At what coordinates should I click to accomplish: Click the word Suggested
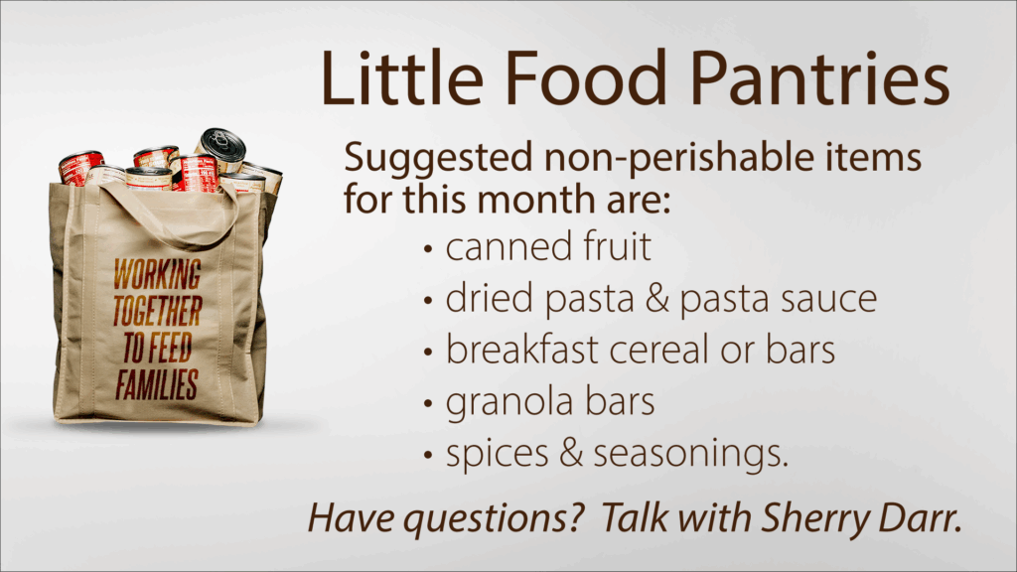click(438, 160)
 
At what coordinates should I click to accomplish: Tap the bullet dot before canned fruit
click(427, 249)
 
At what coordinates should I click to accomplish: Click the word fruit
click(618, 246)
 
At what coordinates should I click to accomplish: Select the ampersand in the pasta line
click(656, 299)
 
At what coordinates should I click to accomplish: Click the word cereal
click(659, 350)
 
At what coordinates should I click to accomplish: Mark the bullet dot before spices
click(427, 455)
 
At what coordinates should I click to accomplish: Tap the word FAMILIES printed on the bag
click(157, 384)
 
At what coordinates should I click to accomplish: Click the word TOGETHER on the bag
click(158, 311)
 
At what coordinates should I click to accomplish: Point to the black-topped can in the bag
click(221, 150)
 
